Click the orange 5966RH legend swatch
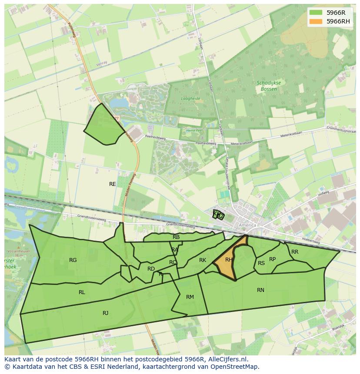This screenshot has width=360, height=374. (x=317, y=21)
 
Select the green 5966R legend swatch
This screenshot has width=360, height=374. (x=317, y=13)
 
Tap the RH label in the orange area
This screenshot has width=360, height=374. (x=229, y=260)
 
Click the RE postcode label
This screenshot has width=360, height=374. (x=113, y=184)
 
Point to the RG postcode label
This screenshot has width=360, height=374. (x=73, y=260)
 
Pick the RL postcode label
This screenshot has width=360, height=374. (x=82, y=292)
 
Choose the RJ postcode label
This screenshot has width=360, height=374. (x=105, y=313)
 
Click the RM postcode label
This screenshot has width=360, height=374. (x=190, y=297)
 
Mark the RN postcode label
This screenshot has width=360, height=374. (x=260, y=290)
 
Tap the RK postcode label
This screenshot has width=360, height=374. (x=203, y=260)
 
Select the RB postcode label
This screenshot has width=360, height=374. (x=176, y=237)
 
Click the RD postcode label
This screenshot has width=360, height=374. (x=151, y=269)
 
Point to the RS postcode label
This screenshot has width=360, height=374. (x=261, y=263)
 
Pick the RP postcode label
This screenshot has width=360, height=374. (x=272, y=259)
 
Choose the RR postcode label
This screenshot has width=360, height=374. (x=295, y=252)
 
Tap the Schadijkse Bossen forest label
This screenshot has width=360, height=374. (x=269, y=86)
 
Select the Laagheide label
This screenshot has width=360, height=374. (x=190, y=99)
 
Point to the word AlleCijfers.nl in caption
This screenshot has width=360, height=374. (x=226, y=360)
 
